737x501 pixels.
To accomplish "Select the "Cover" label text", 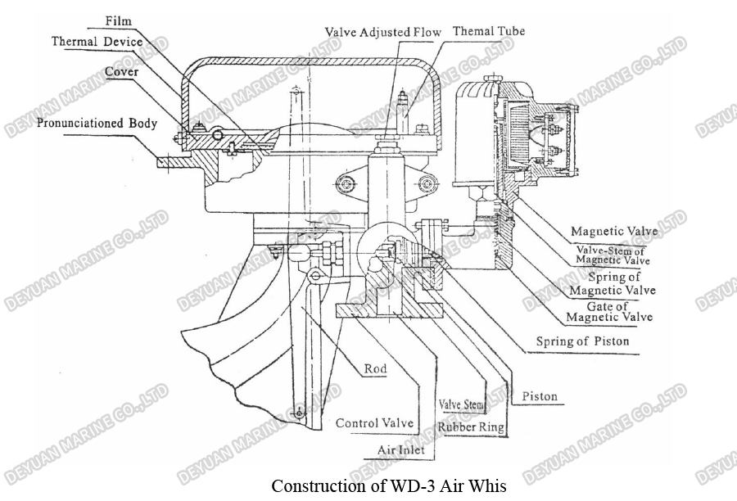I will click(x=120, y=72).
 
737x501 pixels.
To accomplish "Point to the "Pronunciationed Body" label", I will click(x=97, y=124).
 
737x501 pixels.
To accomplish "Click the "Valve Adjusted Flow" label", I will click(x=382, y=33).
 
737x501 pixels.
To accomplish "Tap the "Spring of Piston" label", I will click(x=582, y=341).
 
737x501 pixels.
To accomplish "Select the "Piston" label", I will click(x=539, y=396).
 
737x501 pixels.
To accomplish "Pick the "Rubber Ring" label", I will click(x=470, y=427).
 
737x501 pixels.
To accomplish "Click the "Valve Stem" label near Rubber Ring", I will click(x=461, y=404).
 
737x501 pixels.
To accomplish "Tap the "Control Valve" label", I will click(x=374, y=423).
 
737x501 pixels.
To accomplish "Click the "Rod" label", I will click(x=375, y=369).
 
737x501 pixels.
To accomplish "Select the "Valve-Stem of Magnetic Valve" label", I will click(x=613, y=255).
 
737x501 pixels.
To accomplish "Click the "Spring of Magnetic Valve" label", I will click(x=613, y=284).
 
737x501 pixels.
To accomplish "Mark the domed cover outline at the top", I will click(x=311, y=62).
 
